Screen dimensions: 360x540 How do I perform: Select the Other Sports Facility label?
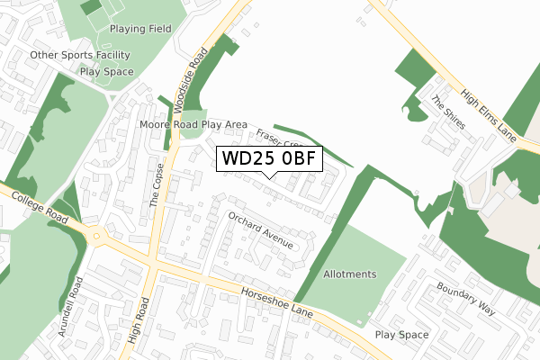pyautogui.click(x=81, y=55)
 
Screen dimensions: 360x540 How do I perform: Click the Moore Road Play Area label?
pyautogui.click(x=193, y=123)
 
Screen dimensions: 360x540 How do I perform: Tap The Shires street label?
pyautogui.click(x=448, y=112)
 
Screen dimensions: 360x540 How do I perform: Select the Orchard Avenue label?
pyautogui.click(x=260, y=231)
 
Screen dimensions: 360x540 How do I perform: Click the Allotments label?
pyautogui.click(x=350, y=274)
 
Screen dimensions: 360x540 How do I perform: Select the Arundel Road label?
pyautogui.click(x=70, y=307)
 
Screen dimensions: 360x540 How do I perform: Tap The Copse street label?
pyautogui.click(x=157, y=184)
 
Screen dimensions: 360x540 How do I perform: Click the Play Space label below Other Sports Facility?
pyautogui.click(x=106, y=72)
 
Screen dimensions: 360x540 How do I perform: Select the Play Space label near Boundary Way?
pyautogui.click(x=401, y=335)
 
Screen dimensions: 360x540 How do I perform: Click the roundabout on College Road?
pyautogui.click(x=96, y=237)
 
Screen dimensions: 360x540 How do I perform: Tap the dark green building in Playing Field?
pyautogui.click(x=90, y=8)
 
